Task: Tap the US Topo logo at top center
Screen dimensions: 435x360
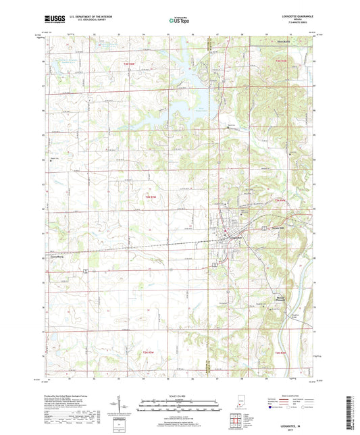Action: [179, 22]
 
